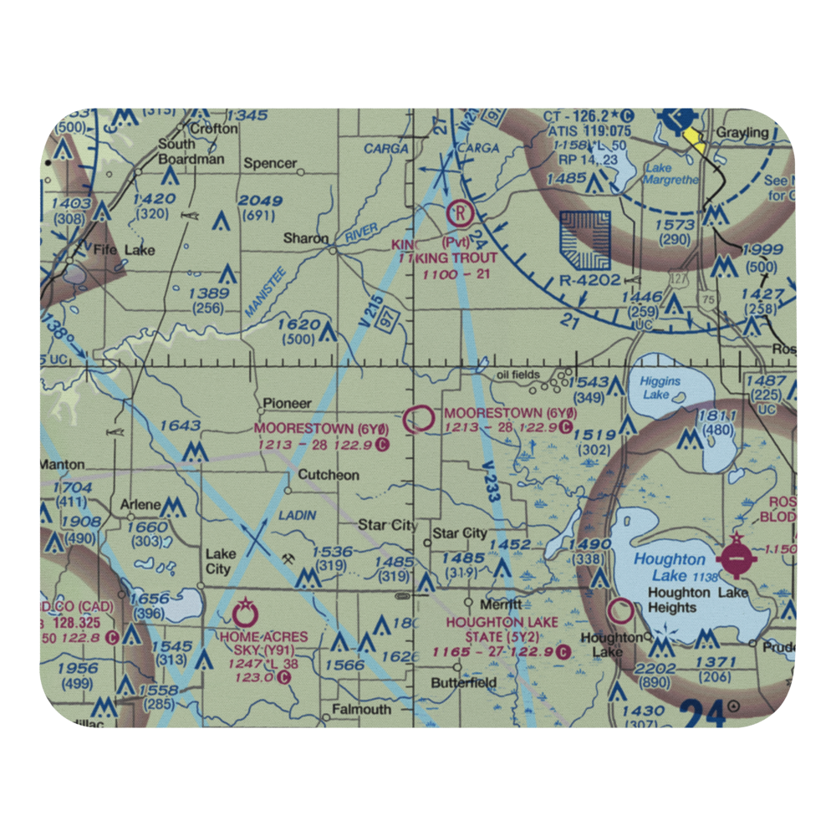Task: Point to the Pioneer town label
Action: point(287,403)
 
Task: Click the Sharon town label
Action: point(305,238)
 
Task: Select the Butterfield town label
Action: point(463,682)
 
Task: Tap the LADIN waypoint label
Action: point(298,516)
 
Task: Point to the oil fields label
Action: point(518,375)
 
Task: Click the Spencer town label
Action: point(270,163)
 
